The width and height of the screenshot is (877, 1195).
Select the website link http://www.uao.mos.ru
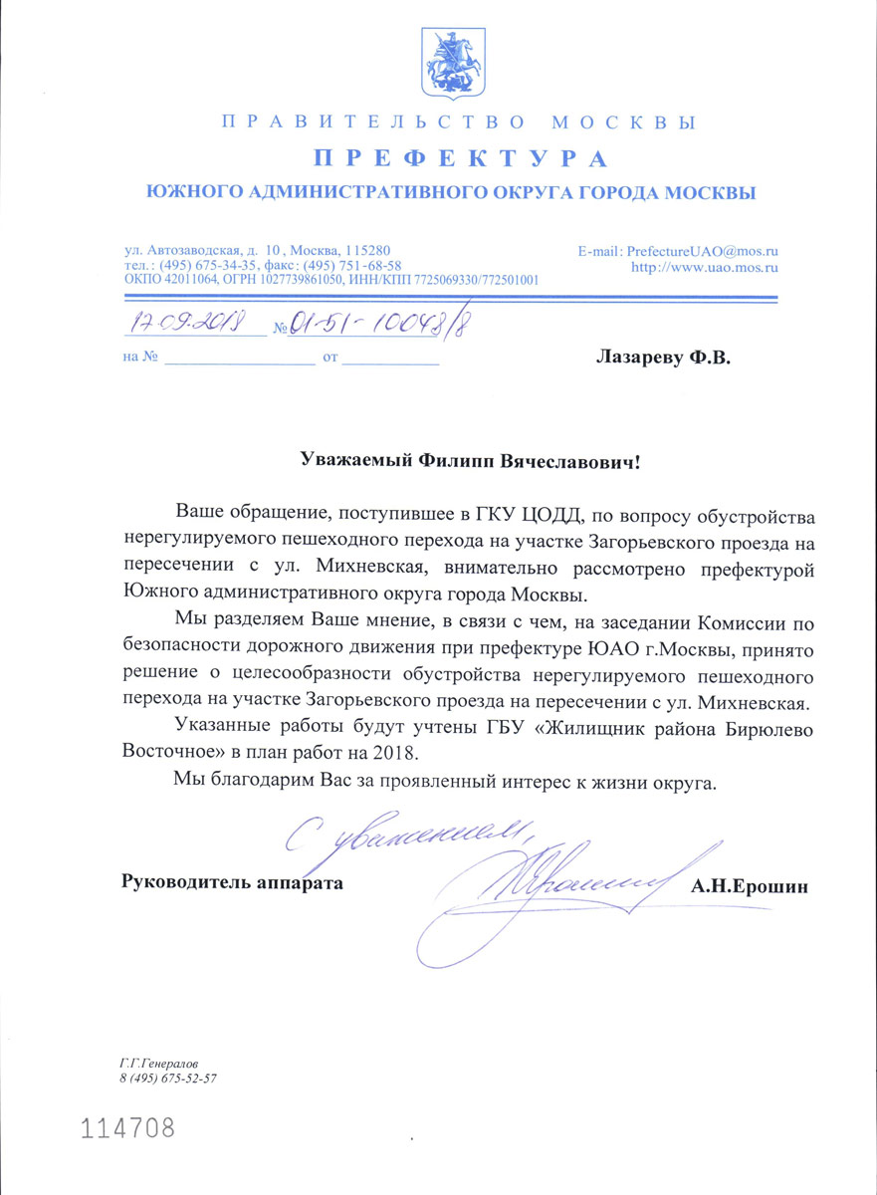[x=705, y=267]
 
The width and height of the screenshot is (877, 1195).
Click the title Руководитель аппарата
[x=232, y=882]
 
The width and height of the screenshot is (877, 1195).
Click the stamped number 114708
[x=127, y=1128]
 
